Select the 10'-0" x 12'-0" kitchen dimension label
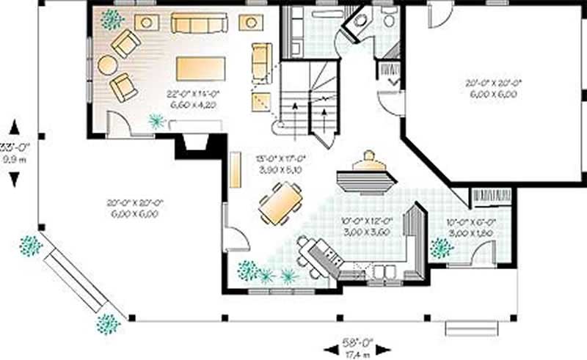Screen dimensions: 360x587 (367, 225)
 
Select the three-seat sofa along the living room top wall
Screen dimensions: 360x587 (199, 24)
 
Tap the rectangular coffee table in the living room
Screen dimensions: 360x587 (200, 68)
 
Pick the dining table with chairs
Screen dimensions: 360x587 (280, 203)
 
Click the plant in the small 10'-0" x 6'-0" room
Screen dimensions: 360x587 (442, 248)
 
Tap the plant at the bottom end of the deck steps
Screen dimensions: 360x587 (109, 323)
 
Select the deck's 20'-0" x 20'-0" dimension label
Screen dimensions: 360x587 (134, 207)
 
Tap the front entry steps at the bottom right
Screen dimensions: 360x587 (472, 328)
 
